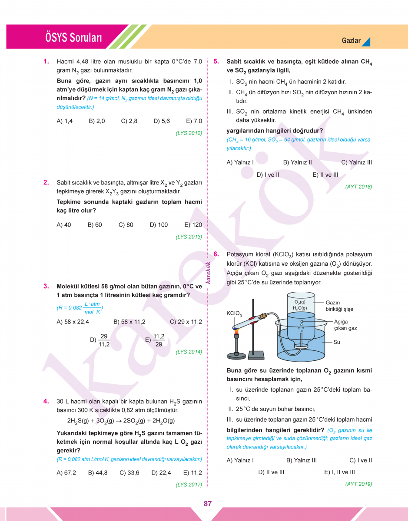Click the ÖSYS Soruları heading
click(x=73, y=38)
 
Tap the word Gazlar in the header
click(x=351, y=40)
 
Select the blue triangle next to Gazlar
click(x=366, y=41)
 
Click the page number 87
click(x=207, y=504)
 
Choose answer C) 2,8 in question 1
click(x=129, y=121)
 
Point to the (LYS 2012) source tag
click(x=189, y=133)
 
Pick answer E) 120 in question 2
click(x=193, y=225)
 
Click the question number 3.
click(x=46, y=286)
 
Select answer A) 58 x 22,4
click(x=73, y=322)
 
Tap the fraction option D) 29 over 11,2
click(x=100, y=340)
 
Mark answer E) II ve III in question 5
click(x=325, y=175)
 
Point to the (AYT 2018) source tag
click(x=358, y=187)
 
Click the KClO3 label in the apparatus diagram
click(x=234, y=313)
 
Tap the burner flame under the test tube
click(x=237, y=332)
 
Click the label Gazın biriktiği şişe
click(x=339, y=306)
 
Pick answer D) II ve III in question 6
click(x=271, y=472)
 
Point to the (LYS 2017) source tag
click(x=189, y=485)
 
